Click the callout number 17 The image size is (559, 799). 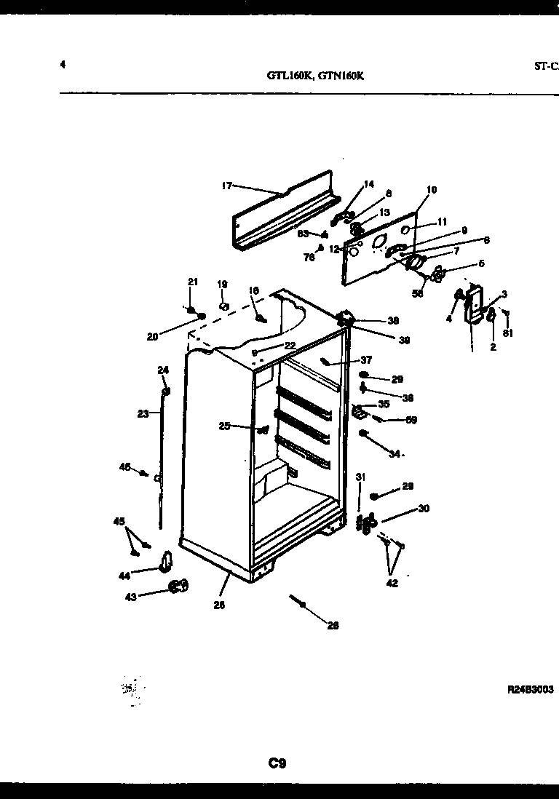pyautogui.click(x=226, y=186)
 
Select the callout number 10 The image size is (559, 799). pyautogui.click(x=432, y=190)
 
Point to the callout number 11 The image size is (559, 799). pyautogui.click(x=443, y=222)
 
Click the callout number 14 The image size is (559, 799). pyautogui.click(x=368, y=184)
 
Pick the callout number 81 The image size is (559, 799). pyautogui.click(x=507, y=335)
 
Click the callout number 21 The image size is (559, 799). pyautogui.click(x=192, y=282)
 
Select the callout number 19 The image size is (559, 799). pyautogui.click(x=222, y=284)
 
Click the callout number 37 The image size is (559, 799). pyautogui.click(x=366, y=360)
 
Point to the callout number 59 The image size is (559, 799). pyautogui.click(x=411, y=420)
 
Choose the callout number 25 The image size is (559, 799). pyautogui.click(x=224, y=426)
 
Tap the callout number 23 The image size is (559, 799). pyautogui.click(x=143, y=413)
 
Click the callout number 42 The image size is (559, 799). pyautogui.click(x=392, y=582)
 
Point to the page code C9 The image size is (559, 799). pyautogui.click(x=277, y=763)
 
